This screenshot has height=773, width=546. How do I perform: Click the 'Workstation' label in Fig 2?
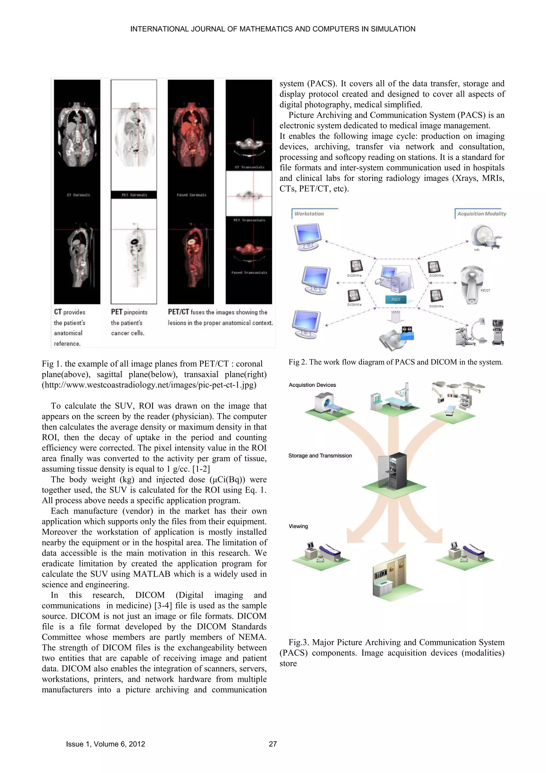pyautogui.click(x=309, y=214)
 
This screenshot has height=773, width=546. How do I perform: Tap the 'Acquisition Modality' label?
pyautogui.click(x=481, y=214)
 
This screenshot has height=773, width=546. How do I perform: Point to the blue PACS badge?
pyautogui.click(x=396, y=299)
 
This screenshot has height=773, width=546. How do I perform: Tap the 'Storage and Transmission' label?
pyautogui.click(x=320, y=456)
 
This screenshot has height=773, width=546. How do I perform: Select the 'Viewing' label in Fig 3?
pyautogui.click(x=298, y=526)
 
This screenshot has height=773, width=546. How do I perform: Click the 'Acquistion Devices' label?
pyautogui.click(x=312, y=385)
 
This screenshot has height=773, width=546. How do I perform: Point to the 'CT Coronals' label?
pyautogui.click(x=78, y=195)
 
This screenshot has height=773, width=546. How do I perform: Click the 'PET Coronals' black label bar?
pyautogui.click(x=134, y=195)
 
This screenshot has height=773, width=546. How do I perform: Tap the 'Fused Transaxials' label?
pyautogui.click(x=249, y=272)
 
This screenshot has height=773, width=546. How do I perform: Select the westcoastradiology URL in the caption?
pyautogui.click(x=149, y=385)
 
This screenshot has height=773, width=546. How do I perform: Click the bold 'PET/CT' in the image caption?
pyautogui.click(x=179, y=312)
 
